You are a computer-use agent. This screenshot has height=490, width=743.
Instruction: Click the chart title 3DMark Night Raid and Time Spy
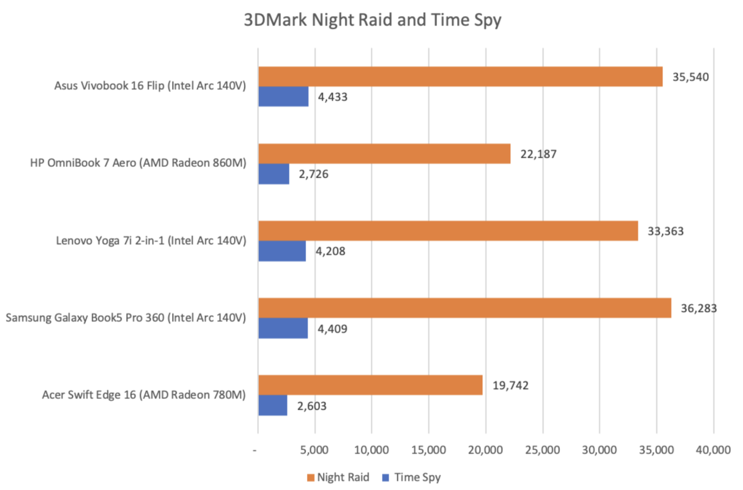pyautogui.click(x=372, y=20)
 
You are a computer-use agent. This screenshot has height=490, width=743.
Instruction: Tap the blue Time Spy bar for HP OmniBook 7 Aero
pyautogui.click(x=273, y=174)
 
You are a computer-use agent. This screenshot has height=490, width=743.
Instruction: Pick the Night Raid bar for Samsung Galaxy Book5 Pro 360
pyautogui.click(x=464, y=308)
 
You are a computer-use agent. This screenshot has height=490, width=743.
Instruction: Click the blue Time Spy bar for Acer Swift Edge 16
pyautogui.click(x=272, y=405)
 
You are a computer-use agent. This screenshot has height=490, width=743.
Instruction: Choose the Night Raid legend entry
pyautogui.click(x=337, y=477)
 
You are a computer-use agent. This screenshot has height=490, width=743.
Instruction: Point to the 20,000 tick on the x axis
pyautogui.click(x=485, y=449)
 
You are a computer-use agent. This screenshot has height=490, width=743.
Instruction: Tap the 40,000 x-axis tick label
pyautogui.click(x=713, y=449)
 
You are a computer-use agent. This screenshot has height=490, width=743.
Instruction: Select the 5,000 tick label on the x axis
pyautogui.click(x=315, y=449)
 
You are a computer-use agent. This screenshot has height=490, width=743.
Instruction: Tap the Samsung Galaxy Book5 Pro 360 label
pyautogui.click(x=126, y=318)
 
